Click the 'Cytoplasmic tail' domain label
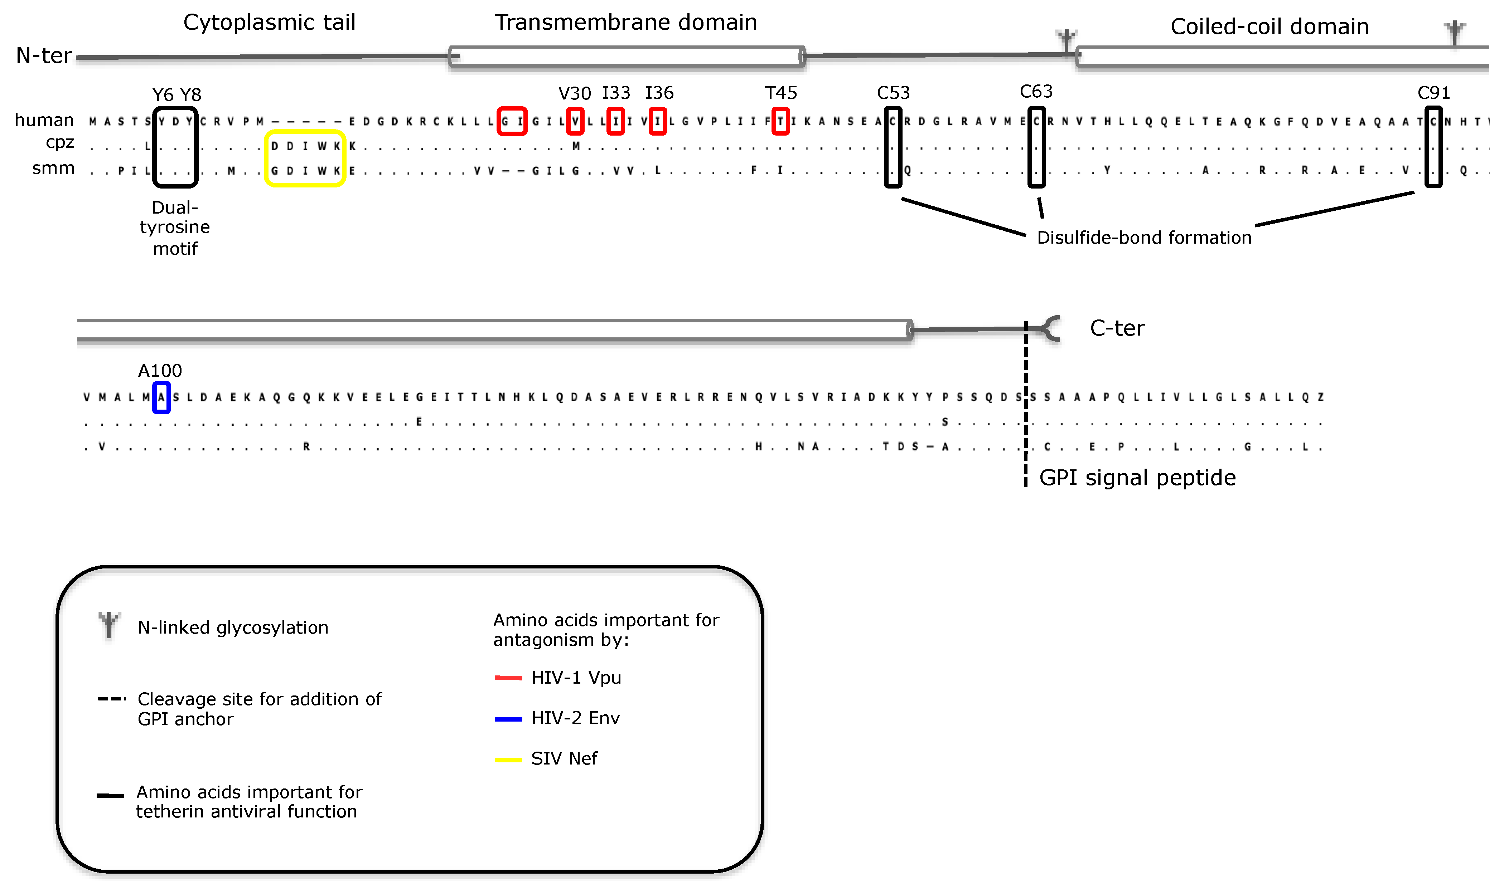(x=269, y=23)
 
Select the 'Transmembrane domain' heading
(x=625, y=23)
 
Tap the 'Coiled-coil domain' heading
(x=1269, y=27)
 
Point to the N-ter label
(x=44, y=56)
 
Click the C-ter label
(x=1117, y=328)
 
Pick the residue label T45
(x=780, y=93)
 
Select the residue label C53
(x=893, y=93)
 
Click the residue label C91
(x=1433, y=93)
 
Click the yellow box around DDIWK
(x=305, y=158)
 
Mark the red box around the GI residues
(x=512, y=122)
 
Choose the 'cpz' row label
(x=60, y=143)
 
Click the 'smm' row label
(x=53, y=168)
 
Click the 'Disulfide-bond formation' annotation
(x=1144, y=238)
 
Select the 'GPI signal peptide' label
(x=1137, y=478)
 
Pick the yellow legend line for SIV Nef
(x=508, y=759)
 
